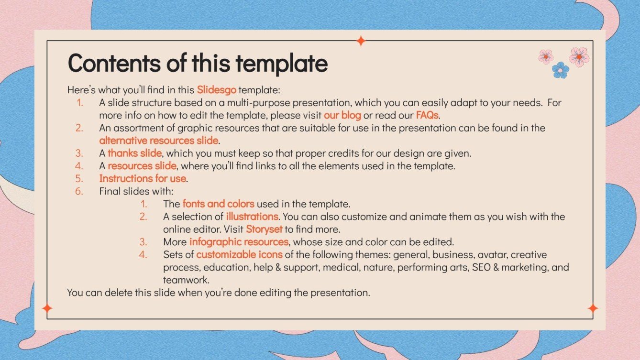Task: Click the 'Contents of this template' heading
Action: (x=198, y=64)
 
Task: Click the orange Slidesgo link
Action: (x=216, y=89)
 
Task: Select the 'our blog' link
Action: (x=342, y=115)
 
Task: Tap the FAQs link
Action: (x=427, y=115)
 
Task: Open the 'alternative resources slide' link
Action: (x=159, y=141)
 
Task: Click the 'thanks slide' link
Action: (x=135, y=153)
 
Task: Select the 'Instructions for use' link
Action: (x=143, y=178)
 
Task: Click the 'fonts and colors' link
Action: (x=218, y=204)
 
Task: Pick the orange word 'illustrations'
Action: (x=252, y=216)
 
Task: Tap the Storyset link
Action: (x=264, y=229)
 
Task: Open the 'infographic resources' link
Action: (x=239, y=241)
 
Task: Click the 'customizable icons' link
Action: (x=239, y=254)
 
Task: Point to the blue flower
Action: (x=560, y=70)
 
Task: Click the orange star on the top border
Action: (x=361, y=41)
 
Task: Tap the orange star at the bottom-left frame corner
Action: (x=47, y=308)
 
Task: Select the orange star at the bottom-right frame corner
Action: (x=593, y=308)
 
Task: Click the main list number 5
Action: (x=79, y=178)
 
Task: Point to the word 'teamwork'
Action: (x=186, y=280)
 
